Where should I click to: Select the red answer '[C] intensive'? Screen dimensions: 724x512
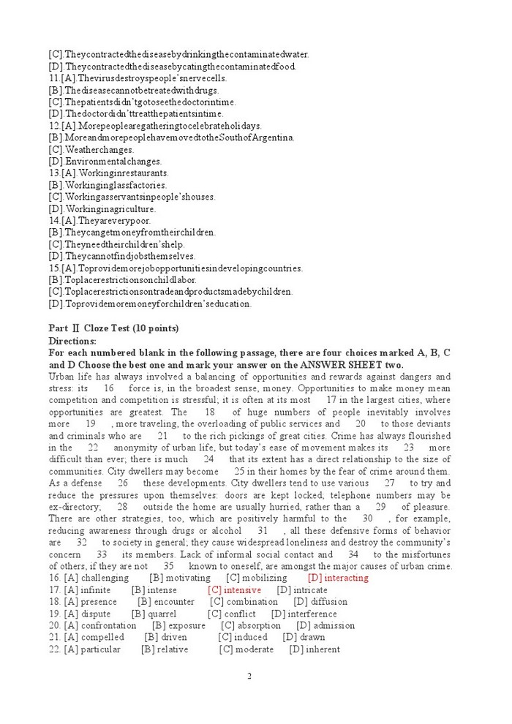click(234, 589)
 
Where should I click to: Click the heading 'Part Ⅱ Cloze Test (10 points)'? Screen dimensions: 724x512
click(113, 328)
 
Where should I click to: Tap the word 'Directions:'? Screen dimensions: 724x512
click(73, 340)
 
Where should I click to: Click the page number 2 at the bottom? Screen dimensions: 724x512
click(249, 676)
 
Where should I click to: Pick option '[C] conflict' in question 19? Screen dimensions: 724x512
click(232, 614)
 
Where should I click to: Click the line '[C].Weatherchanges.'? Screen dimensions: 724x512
click(91, 149)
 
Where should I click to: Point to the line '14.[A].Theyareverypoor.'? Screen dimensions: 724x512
click(99, 220)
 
